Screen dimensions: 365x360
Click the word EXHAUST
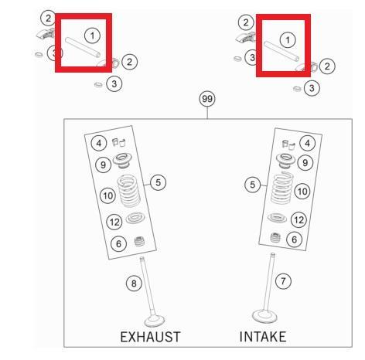click(x=150, y=337)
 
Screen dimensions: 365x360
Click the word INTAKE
click(x=263, y=337)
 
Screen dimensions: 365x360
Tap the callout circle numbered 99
click(x=207, y=99)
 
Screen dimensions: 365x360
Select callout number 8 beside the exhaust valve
click(x=134, y=284)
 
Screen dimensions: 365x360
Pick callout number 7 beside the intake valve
click(x=283, y=281)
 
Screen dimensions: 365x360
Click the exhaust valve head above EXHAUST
click(x=155, y=321)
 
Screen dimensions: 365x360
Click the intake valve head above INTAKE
click(x=264, y=317)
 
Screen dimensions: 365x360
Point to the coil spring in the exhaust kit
click(x=129, y=191)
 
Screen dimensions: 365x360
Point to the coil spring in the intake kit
click(x=282, y=188)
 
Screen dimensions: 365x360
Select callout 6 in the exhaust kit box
click(x=118, y=243)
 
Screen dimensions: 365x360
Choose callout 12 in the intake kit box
click(x=298, y=220)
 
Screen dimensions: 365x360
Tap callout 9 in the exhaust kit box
click(x=103, y=165)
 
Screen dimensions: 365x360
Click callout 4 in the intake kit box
click(x=307, y=143)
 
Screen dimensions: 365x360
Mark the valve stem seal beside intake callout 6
click(x=275, y=238)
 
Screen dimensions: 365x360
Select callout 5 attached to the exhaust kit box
click(x=158, y=182)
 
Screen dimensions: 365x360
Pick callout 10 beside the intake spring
click(x=302, y=192)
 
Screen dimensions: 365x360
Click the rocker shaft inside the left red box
click(x=83, y=47)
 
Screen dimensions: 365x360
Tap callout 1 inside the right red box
click(x=288, y=40)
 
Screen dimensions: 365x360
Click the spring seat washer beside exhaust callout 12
click(x=135, y=218)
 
